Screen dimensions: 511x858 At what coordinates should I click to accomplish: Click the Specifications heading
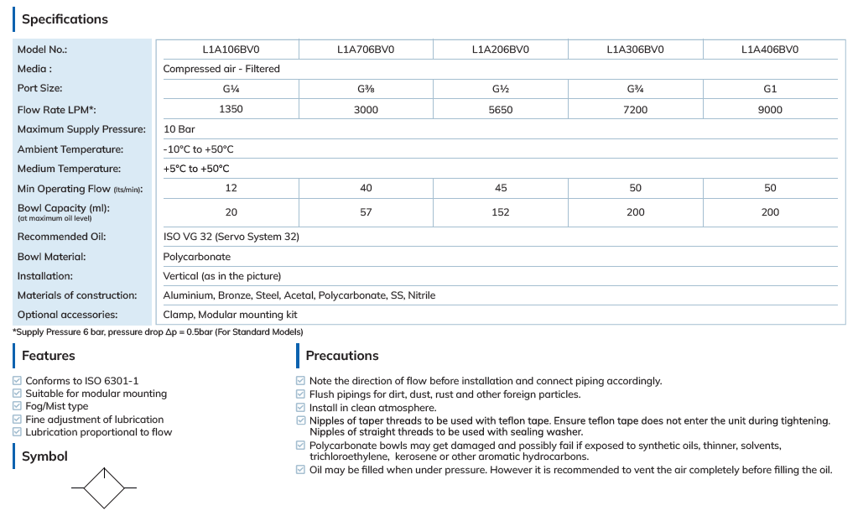65,19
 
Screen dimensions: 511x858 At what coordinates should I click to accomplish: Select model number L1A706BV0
366,50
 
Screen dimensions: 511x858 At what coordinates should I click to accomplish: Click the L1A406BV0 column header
769,50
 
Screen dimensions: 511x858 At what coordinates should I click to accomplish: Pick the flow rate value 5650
501,110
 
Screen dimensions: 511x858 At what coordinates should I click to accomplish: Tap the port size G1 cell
770,89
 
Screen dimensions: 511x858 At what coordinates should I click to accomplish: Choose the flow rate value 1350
231,110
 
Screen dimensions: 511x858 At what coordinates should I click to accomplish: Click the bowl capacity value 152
501,212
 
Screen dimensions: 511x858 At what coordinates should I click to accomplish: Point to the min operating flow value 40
366,189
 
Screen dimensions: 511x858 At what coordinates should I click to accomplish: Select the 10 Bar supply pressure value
179,130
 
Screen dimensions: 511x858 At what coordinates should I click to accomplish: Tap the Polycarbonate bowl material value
196,257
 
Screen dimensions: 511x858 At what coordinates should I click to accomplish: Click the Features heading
49,356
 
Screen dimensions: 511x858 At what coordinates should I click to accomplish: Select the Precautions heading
342,356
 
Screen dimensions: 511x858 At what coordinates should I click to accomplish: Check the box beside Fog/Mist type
18,406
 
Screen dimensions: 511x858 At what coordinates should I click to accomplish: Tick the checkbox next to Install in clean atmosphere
301,408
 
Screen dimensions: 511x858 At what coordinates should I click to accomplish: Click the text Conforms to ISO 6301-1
82,381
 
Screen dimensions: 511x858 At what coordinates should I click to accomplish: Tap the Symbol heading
44,456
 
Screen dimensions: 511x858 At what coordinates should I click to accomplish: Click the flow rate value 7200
635,110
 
